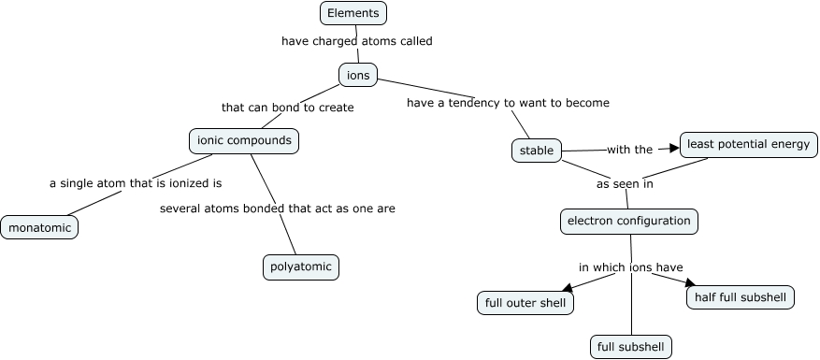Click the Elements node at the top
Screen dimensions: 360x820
point(352,13)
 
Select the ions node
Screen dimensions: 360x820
point(358,75)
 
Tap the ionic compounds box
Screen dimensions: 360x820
point(244,141)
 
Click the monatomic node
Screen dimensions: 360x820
point(39,227)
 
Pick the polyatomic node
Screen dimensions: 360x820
point(300,267)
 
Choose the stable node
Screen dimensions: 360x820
point(536,150)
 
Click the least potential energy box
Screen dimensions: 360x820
point(749,144)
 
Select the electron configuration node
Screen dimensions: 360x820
point(629,222)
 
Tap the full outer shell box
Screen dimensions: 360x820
point(525,303)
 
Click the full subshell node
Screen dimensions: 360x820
point(631,347)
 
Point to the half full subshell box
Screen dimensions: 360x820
point(741,297)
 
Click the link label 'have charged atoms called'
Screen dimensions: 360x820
point(356,41)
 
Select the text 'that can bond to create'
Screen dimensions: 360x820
point(287,108)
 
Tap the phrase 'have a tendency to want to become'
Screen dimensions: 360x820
point(508,103)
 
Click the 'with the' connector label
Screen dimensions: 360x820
point(629,150)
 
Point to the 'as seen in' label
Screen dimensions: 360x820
point(625,184)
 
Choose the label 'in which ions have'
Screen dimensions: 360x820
point(630,267)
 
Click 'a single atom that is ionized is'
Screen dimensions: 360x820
point(136,183)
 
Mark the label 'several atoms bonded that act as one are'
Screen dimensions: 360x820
point(277,209)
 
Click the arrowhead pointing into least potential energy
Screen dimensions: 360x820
point(672,148)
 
